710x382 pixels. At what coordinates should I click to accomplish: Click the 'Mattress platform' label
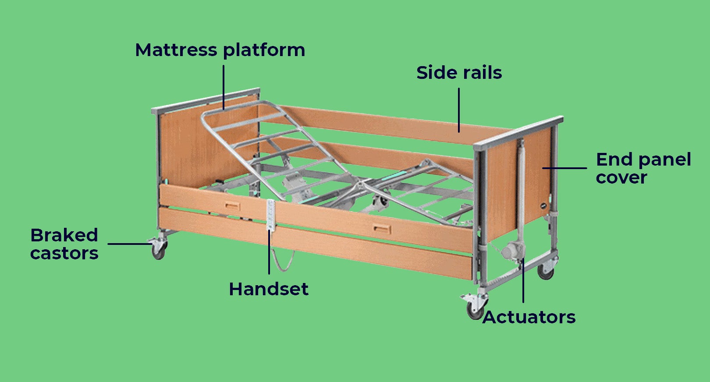220,50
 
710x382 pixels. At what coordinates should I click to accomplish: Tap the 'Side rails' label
459,73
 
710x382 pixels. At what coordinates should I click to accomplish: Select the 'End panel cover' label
643,168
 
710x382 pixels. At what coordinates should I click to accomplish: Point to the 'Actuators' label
529,317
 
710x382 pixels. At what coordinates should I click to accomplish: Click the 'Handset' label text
269,289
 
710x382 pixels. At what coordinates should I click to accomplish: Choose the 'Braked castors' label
64,244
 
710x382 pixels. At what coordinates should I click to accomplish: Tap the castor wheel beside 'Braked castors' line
158,250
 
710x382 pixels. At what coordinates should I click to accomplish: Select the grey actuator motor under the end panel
513,251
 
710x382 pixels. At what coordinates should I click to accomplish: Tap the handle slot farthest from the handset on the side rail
381,228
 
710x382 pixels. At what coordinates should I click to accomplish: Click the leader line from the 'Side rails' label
459,110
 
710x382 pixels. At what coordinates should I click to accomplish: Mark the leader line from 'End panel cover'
564,168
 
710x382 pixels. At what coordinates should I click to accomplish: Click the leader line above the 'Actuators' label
523,280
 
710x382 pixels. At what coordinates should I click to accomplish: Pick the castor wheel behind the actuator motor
546,272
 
